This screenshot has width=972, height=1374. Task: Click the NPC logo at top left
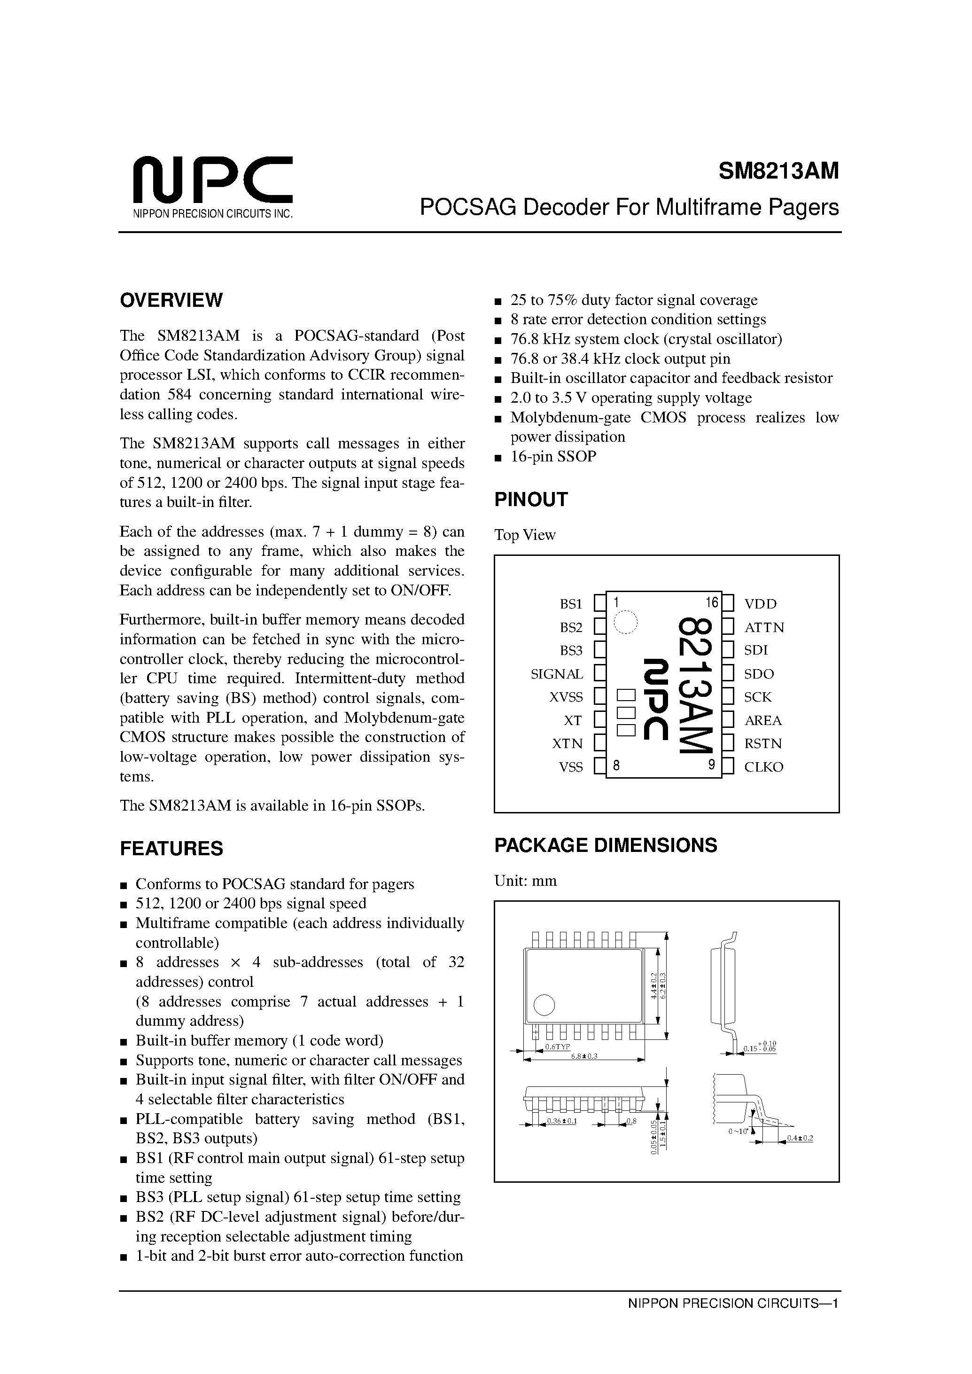click(212, 179)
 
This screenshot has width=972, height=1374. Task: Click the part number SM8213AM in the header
click(778, 172)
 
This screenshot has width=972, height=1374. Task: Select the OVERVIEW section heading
click(171, 300)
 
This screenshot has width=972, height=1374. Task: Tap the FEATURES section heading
click(171, 848)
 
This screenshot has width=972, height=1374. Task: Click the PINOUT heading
click(530, 500)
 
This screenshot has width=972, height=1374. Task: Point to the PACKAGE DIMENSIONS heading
click(605, 845)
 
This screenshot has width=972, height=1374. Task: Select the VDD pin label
click(760, 604)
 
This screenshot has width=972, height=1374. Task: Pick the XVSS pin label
click(566, 697)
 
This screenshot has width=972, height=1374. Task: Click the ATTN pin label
click(764, 627)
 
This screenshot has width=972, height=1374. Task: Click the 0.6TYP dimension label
click(557, 1047)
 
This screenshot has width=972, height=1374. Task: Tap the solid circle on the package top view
click(544, 1005)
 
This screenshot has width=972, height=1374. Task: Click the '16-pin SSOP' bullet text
click(553, 456)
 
